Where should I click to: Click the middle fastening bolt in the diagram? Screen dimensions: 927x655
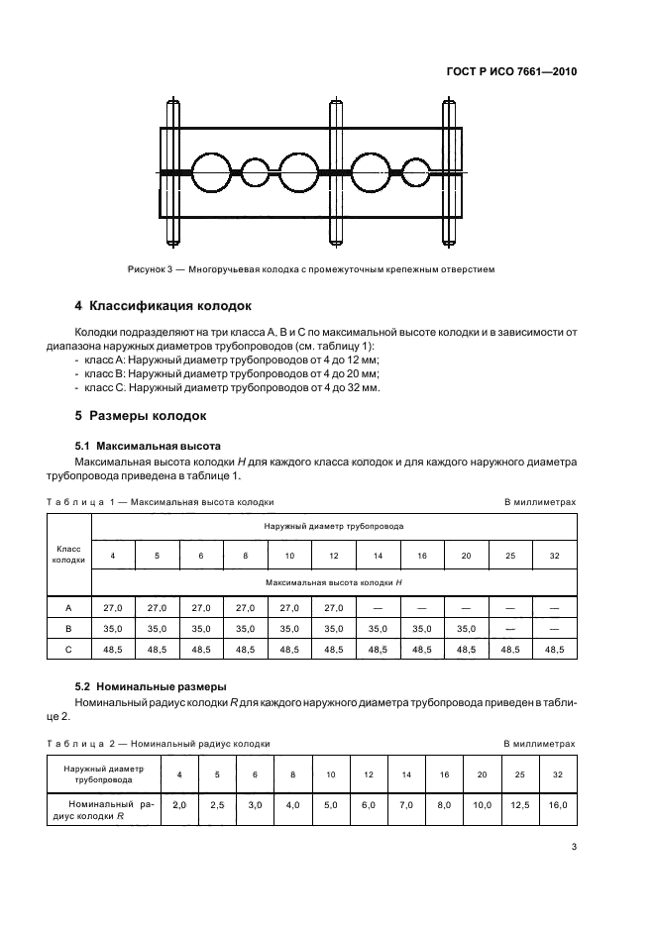coord(338,172)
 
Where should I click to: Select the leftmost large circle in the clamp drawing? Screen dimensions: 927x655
coord(211,172)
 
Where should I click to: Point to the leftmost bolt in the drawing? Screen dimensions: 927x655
coord(175,172)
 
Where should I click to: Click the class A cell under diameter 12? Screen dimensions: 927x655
coord(334,607)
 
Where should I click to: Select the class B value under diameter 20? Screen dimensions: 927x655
coord(466,628)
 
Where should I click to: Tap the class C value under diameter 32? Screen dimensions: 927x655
coord(554,650)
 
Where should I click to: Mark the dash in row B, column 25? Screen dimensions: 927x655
coord(510,628)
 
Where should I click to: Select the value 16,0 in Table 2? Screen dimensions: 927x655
coord(557,805)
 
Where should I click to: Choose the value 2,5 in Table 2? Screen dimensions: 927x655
coord(217,805)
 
